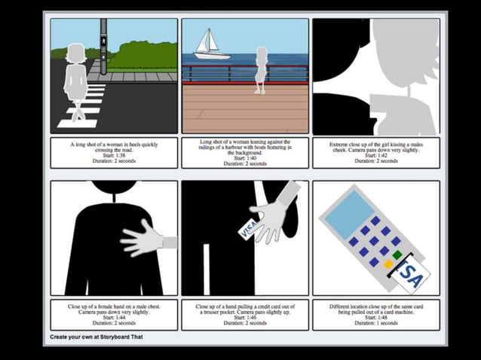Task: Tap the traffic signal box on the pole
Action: tap(103, 32)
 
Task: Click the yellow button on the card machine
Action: tap(388, 264)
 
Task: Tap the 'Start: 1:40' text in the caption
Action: tap(245, 158)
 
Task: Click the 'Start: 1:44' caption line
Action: tap(114, 317)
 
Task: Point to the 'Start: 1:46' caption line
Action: tap(245, 317)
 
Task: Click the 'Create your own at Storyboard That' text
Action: tap(97, 337)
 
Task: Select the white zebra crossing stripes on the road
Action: tap(83, 105)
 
